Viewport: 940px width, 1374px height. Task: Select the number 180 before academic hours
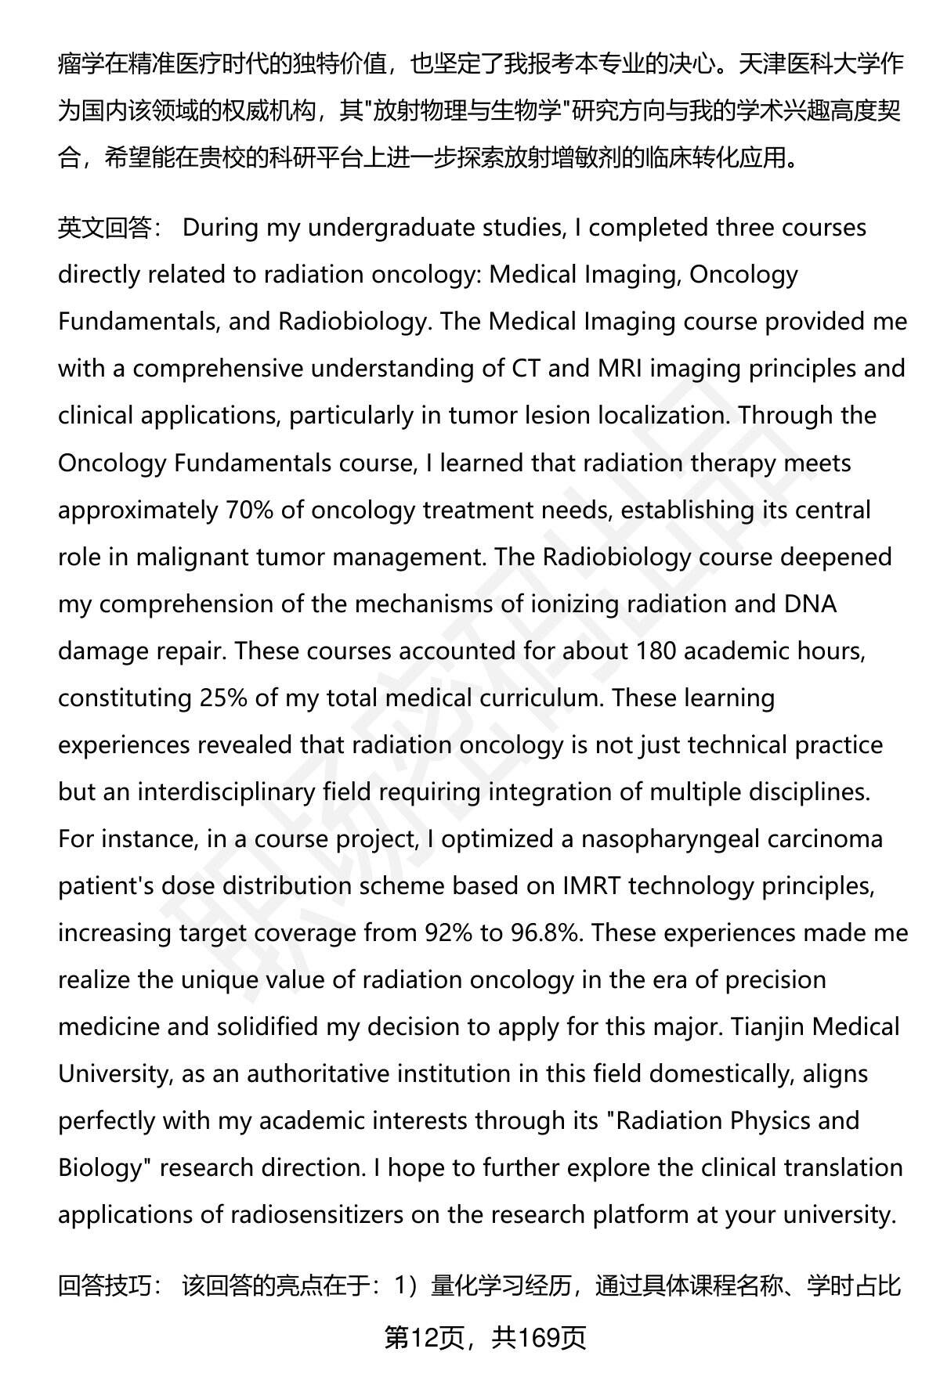(655, 651)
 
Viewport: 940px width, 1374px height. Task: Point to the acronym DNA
(810, 604)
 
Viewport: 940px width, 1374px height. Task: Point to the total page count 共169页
(539, 1338)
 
